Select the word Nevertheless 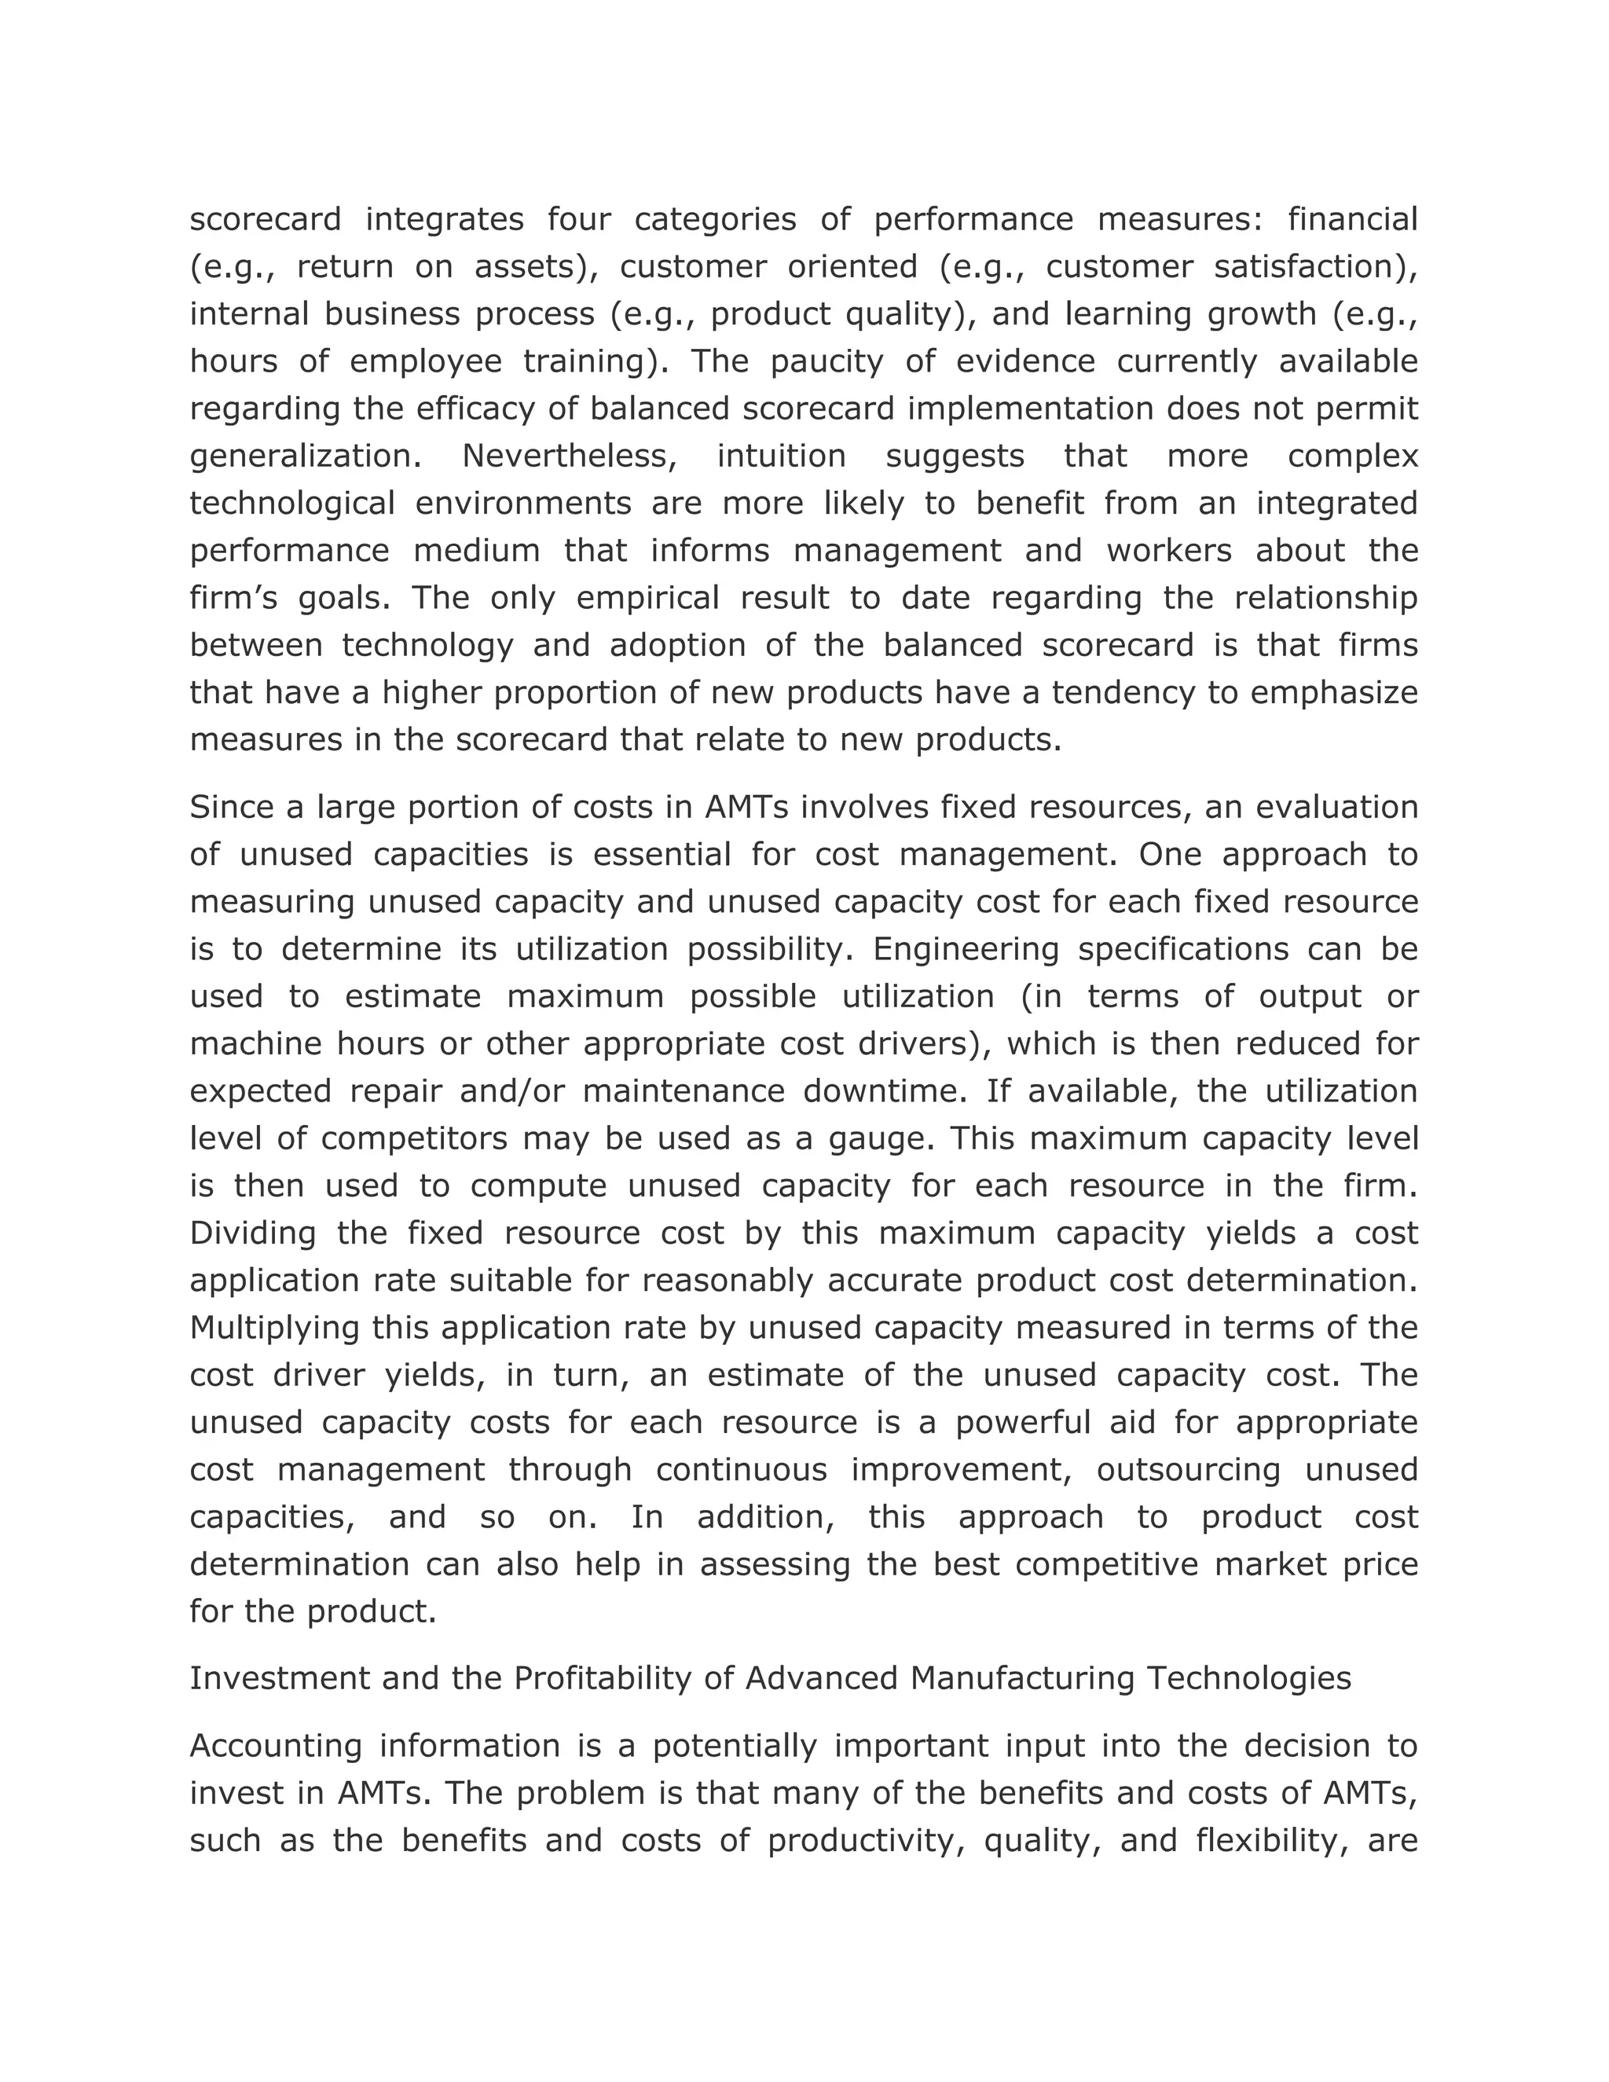(569, 456)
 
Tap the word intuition (781, 456)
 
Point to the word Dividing (253, 1233)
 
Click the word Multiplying (274, 1327)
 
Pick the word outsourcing (1188, 1469)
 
